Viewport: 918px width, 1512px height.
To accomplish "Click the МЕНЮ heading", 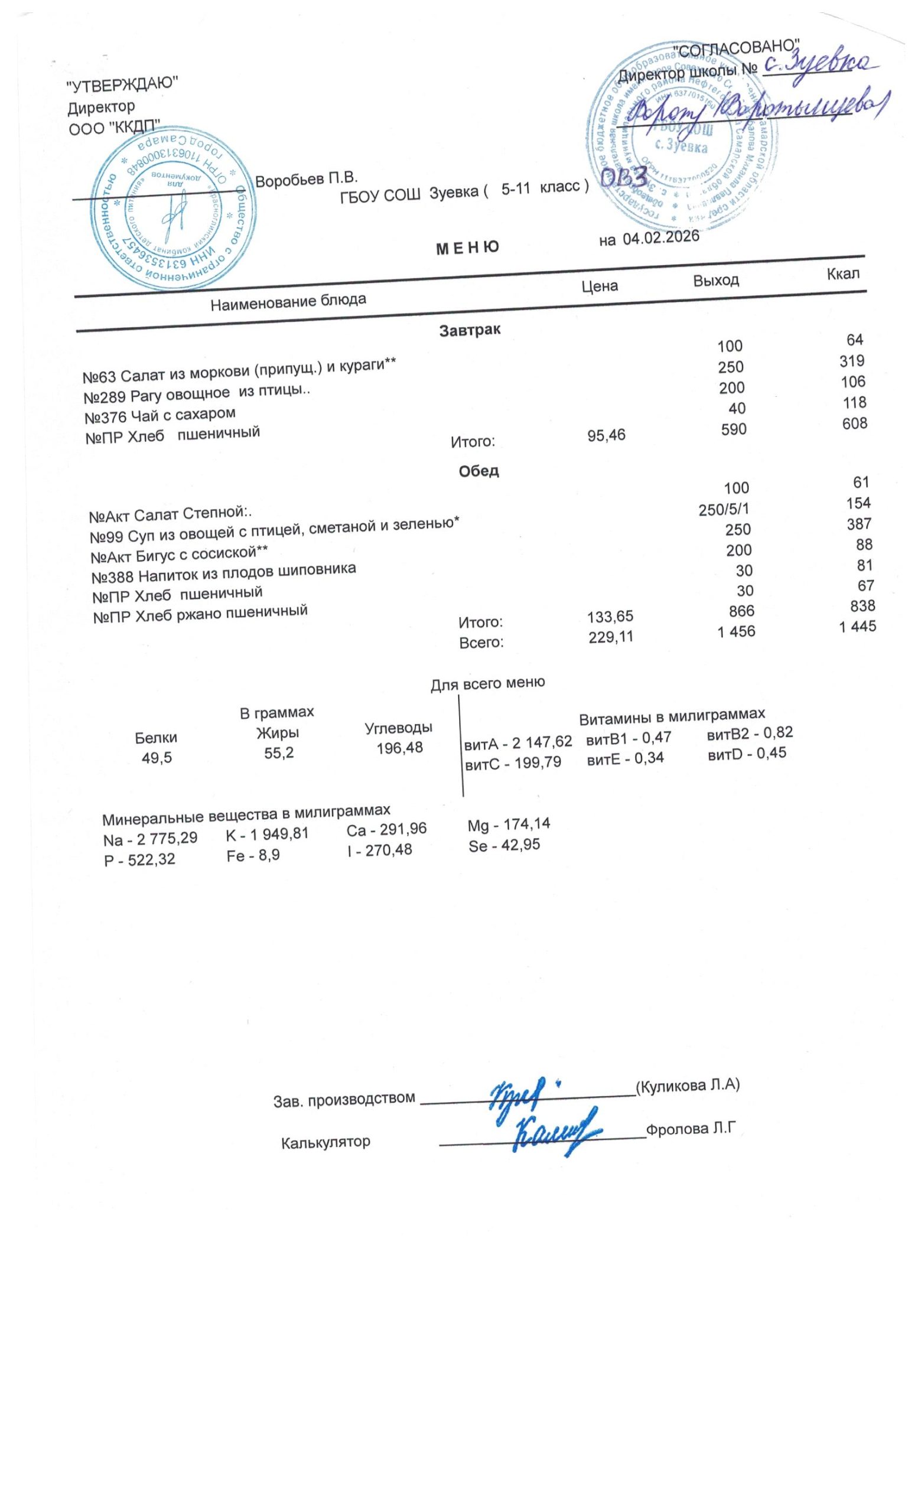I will tap(467, 247).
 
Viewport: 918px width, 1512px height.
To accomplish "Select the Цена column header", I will tap(599, 286).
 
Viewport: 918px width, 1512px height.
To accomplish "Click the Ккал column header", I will tap(842, 273).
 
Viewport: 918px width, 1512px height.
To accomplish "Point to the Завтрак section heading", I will tap(470, 330).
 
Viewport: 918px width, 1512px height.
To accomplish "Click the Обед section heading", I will tap(478, 471).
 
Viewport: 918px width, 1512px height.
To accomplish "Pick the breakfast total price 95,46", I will tap(606, 436).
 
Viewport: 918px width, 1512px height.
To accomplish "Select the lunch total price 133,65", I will tap(610, 616).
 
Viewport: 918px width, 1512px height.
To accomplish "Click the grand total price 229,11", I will tap(611, 637).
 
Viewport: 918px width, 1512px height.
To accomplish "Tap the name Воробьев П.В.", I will tap(305, 180).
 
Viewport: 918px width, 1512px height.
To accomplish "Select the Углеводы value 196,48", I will tap(399, 748).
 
